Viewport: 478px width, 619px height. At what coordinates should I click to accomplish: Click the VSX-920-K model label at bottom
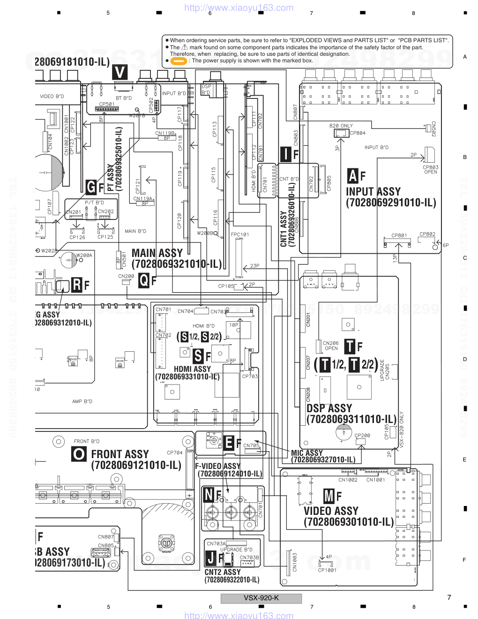pos(261,598)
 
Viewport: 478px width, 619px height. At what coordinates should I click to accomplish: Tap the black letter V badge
pos(120,72)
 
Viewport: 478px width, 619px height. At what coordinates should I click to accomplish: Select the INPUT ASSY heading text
pos(373,192)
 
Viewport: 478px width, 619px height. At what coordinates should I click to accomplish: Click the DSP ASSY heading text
pos(329,408)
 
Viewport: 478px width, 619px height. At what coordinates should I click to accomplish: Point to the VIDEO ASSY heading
pos(331,511)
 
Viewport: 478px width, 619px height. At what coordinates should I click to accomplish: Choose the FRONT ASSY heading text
pos(119,454)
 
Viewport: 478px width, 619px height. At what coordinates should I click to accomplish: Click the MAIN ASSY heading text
pos(157,253)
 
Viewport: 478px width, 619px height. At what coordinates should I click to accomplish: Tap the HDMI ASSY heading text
pos(192,369)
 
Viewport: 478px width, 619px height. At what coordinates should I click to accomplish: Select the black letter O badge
pos(79,454)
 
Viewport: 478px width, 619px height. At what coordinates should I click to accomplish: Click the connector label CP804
pos(358,133)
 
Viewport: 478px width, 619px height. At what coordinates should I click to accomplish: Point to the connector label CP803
pos(431,167)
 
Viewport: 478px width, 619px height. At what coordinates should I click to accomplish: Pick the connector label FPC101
pos(240,234)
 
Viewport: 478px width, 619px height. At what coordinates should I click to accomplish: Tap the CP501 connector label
pos(107,104)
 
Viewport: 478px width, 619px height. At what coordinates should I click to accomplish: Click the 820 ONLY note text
pos(341,126)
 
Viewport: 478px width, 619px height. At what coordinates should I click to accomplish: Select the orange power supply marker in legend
pos(179,61)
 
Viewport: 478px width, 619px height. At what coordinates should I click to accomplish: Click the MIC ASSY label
pos(307,453)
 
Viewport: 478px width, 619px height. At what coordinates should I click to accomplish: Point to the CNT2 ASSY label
pos(223,572)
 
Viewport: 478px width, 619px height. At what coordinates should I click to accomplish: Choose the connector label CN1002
pos(348,480)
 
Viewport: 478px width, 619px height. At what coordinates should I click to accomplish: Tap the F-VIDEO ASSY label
pos(217,466)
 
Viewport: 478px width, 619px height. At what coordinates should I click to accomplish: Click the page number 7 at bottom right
pos(449,597)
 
